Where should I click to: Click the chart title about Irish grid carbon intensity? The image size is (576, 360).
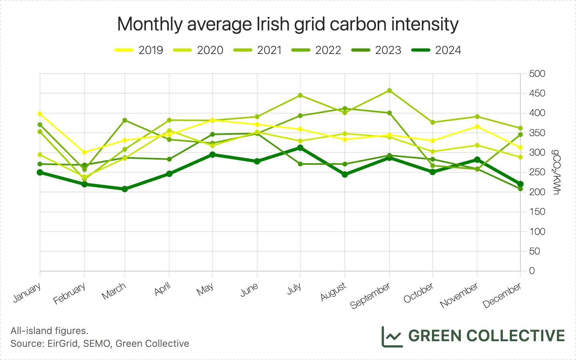tap(288, 24)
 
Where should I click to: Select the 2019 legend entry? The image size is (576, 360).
tap(139, 50)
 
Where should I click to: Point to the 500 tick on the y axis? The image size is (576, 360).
tap(537, 74)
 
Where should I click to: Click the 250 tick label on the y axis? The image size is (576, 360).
tap(537, 172)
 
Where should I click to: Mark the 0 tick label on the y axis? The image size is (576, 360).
tap(532, 271)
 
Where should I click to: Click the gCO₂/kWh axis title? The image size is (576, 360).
tap(556, 172)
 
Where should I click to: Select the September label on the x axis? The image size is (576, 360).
tap(370, 296)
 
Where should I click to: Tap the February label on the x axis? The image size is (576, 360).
tap(70, 294)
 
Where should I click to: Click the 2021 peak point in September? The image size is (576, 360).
tap(390, 91)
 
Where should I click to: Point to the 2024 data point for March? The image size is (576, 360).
tap(125, 189)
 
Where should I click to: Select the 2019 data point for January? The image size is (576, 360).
tap(40, 114)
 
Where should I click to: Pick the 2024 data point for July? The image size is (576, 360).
tap(300, 148)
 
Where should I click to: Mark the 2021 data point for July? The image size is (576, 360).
tap(300, 96)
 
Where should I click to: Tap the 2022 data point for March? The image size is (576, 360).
tap(125, 120)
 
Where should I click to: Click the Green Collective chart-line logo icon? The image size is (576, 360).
tap(391, 336)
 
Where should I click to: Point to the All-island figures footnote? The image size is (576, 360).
tap(49, 331)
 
